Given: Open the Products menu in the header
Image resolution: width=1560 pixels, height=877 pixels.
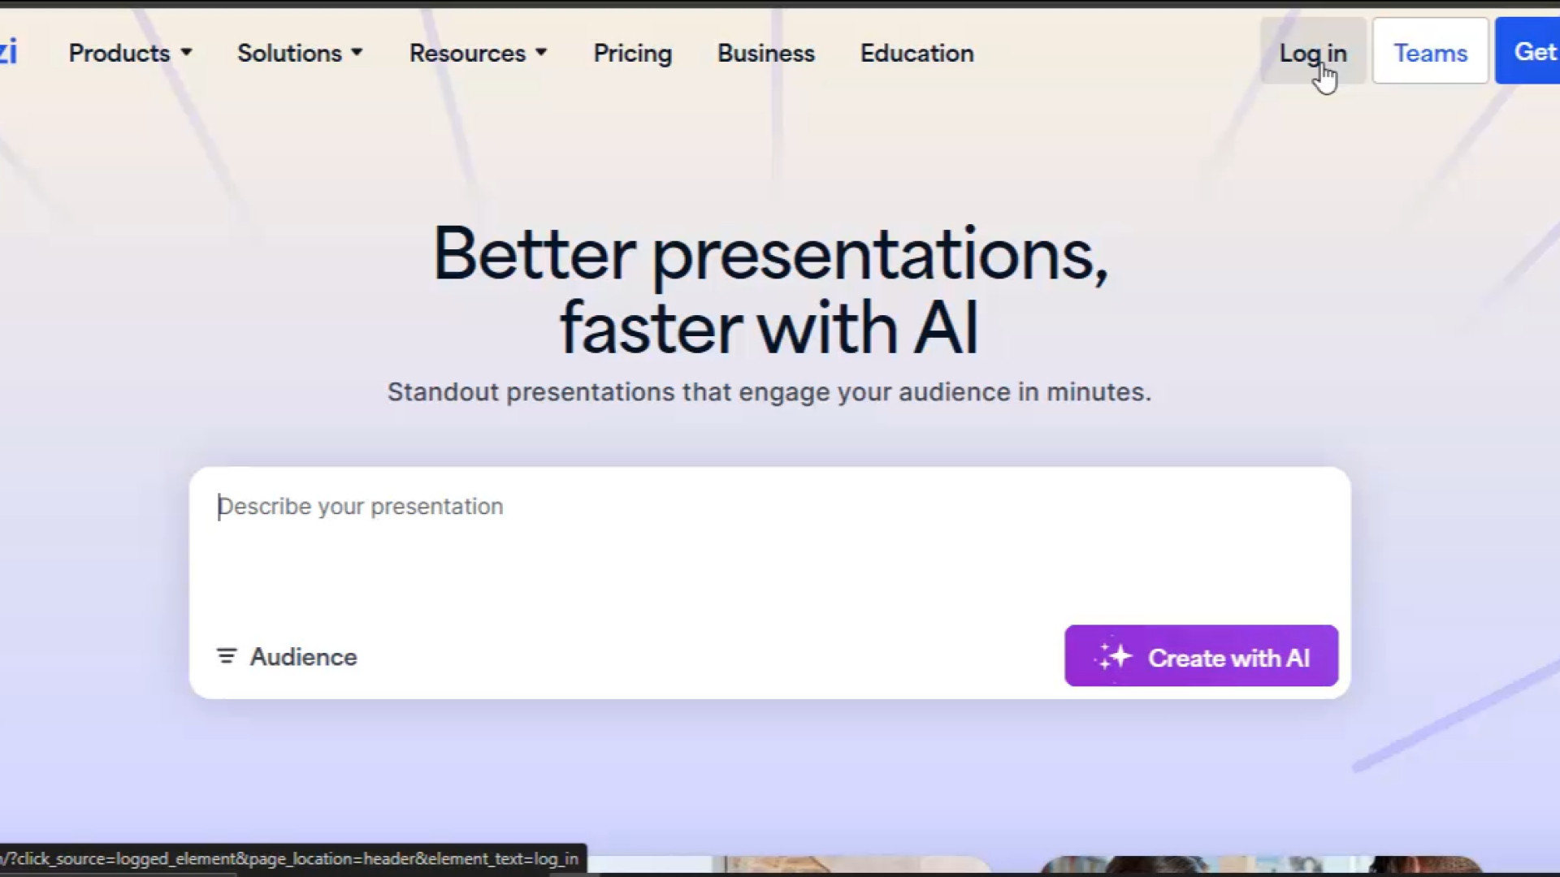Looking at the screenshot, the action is pyautogui.click(x=130, y=54).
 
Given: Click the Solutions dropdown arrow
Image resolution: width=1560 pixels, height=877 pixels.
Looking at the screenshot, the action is pyautogui.click(x=357, y=53).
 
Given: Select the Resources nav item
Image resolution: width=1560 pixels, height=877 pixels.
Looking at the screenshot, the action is pyautogui.click(x=478, y=54).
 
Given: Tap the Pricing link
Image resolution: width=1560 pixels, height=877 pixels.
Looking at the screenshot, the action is pyautogui.click(x=633, y=54).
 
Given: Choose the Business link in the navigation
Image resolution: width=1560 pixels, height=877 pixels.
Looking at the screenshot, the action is pyautogui.click(x=765, y=54).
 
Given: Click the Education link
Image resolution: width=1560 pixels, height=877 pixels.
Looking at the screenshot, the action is pyautogui.click(x=916, y=54).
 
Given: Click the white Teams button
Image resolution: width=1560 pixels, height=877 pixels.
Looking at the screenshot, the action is pyautogui.click(x=1430, y=51).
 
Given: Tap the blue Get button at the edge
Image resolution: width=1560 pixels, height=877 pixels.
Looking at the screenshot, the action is pyautogui.click(x=1527, y=51).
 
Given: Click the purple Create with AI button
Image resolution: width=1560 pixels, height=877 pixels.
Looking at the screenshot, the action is pyautogui.click(x=1201, y=656).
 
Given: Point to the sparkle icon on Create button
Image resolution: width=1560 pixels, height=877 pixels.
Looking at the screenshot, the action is pyautogui.click(x=1113, y=656).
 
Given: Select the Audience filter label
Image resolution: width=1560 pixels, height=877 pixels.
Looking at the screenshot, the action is pyautogui.click(x=303, y=657).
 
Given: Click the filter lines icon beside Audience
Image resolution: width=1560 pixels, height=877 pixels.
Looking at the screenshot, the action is pyautogui.click(x=227, y=656).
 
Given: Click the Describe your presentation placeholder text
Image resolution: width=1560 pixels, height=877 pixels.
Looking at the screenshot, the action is pyautogui.click(x=361, y=507).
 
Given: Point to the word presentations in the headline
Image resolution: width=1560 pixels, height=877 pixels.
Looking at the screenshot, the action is pyautogui.click(x=880, y=256).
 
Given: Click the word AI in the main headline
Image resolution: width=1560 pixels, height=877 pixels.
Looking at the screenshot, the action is pyautogui.click(x=946, y=329).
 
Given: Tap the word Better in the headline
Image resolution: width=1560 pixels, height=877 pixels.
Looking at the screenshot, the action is pyautogui.click(x=534, y=254).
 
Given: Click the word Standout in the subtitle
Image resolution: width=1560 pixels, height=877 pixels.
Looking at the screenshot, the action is pyautogui.click(x=443, y=392).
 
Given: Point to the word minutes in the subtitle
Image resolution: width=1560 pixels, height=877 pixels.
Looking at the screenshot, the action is pyautogui.click(x=1098, y=392).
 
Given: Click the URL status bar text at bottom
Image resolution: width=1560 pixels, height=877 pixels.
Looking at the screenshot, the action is pyautogui.click(x=290, y=859).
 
